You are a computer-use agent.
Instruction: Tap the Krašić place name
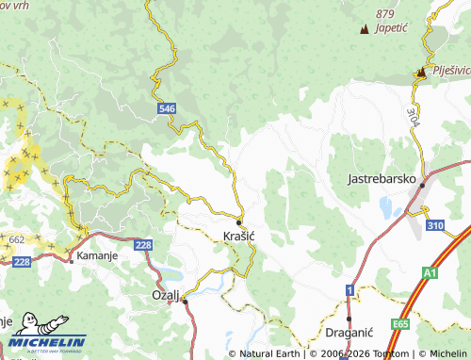pyautogui.click(x=239, y=234)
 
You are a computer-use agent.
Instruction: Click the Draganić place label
pyautogui.click(x=349, y=333)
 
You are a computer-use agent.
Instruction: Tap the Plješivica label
pyautogui.click(x=450, y=71)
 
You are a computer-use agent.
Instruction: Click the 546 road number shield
pyautogui.click(x=167, y=109)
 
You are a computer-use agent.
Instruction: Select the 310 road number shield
pyautogui.click(x=434, y=226)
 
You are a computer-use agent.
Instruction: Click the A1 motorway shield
pyautogui.click(x=430, y=272)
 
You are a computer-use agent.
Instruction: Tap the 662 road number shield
pyautogui.click(x=17, y=240)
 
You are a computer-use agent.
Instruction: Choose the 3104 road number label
pyautogui.click(x=413, y=119)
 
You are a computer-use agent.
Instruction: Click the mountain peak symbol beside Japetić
pyautogui.click(x=365, y=29)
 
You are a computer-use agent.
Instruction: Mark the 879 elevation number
pyautogui.click(x=384, y=13)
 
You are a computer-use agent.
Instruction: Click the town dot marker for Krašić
pyautogui.click(x=239, y=221)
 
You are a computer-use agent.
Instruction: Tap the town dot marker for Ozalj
pyautogui.click(x=185, y=301)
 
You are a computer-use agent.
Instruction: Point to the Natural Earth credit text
pyautogui.click(x=268, y=353)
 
